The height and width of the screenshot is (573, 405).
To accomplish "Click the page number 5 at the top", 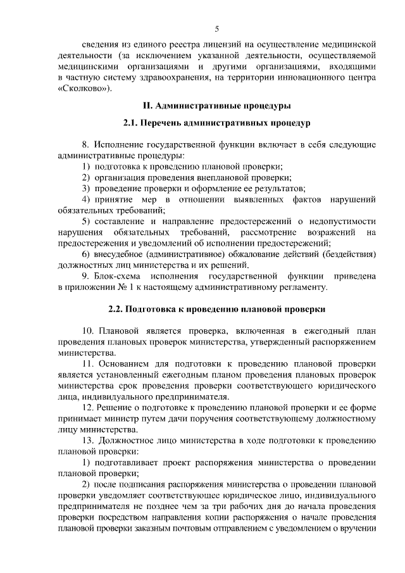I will pyautogui.click(x=216, y=28).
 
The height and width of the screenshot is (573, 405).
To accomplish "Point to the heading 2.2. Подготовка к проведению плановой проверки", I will pyautogui.click(x=216, y=310).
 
